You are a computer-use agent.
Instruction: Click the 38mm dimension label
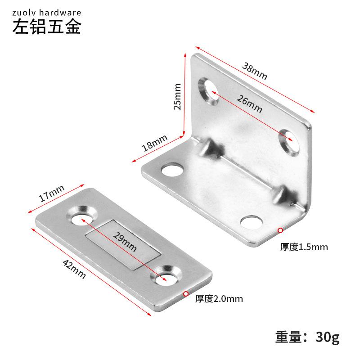tap(255, 71)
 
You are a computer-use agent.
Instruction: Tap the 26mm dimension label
tap(250, 104)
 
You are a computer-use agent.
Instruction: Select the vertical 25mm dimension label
tap(177, 97)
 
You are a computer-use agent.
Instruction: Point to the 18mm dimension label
tap(154, 143)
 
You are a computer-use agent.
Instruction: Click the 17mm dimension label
tap(51, 193)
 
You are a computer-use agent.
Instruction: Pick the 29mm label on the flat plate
tap(125, 242)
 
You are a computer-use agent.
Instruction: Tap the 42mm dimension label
tap(74, 269)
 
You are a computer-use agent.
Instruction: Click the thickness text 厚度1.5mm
tap(304, 247)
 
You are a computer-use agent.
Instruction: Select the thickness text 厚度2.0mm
tap(219, 299)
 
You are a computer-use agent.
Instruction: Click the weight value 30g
tap(328, 337)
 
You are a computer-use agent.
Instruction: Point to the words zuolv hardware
tap(47, 13)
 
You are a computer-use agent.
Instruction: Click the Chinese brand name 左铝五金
tap(47, 27)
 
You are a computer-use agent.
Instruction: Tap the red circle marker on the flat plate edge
tap(186, 294)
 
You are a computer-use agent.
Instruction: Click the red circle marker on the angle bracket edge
tap(280, 230)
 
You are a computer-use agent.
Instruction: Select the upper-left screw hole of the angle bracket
tap(208, 91)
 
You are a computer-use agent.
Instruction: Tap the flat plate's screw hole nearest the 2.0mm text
tap(166, 276)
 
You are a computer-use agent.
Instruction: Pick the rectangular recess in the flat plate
tap(123, 245)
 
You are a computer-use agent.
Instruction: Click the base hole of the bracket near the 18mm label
tap(172, 170)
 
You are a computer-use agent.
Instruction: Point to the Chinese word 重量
tap(288, 337)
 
